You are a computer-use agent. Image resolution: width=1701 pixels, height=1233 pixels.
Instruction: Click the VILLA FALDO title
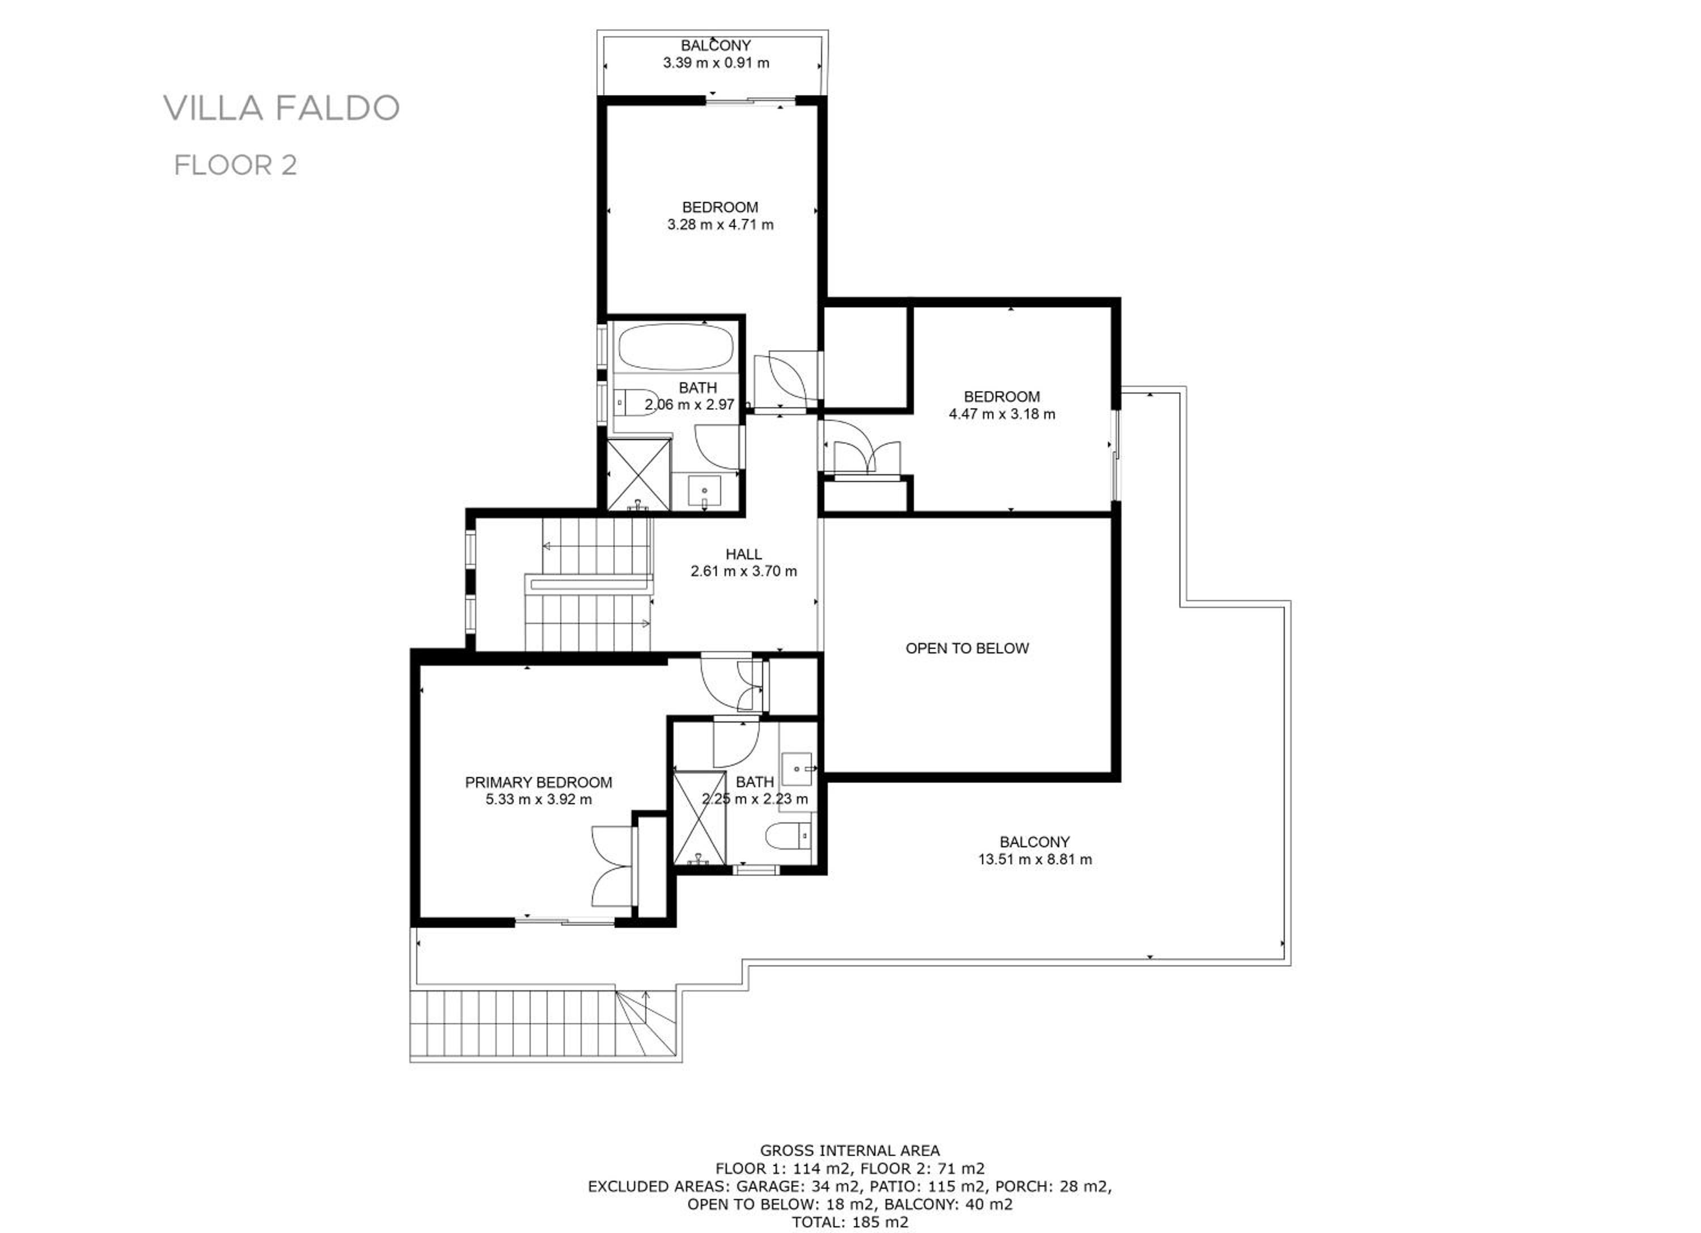coord(281,108)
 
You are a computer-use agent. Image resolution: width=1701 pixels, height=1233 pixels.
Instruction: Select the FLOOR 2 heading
coord(235,165)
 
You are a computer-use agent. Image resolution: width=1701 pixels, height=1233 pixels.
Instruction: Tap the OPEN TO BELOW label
coord(967,648)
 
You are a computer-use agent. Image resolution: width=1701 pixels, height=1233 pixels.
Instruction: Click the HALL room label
coord(743,554)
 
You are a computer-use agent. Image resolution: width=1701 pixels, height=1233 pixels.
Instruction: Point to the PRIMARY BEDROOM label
coord(539,782)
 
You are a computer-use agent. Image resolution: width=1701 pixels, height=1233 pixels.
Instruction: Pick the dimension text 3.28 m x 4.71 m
coord(720,224)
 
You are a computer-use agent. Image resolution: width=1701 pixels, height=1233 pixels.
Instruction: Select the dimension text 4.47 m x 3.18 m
coord(1002,414)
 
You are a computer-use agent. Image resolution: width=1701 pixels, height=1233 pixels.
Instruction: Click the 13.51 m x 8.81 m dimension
coord(1035,859)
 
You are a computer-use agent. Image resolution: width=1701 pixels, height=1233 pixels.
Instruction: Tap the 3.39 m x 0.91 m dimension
coord(716,63)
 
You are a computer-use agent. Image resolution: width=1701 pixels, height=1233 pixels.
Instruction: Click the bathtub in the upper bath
coord(675,347)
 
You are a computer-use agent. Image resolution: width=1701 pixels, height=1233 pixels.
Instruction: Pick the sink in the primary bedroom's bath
coord(798,768)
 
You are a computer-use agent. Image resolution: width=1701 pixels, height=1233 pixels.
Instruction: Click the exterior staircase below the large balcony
coord(545,1024)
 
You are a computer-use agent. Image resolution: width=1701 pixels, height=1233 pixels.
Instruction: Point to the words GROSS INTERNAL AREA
coord(850,1151)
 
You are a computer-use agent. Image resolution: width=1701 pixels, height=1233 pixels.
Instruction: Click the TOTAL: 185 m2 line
coord(850,1222)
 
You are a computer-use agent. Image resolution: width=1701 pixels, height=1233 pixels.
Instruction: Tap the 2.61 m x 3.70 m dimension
coord(744,572)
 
